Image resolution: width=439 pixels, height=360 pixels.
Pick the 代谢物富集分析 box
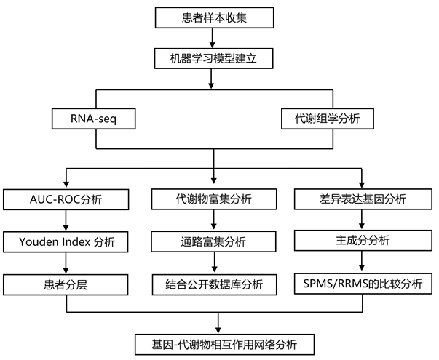(x=214, y=199)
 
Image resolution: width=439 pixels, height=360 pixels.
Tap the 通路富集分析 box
(x=214, y=241)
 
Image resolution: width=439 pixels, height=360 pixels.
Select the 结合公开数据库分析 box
(x=214, y=284)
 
